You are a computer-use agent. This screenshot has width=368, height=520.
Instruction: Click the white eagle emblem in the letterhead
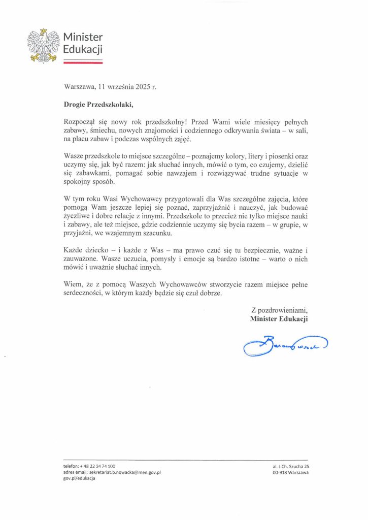[43, 46]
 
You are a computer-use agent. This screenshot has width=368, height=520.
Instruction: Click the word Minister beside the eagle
[83, 37]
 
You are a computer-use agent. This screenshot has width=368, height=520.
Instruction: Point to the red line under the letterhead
[83, 62]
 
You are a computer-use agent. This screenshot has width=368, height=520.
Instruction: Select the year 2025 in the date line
[143, 87]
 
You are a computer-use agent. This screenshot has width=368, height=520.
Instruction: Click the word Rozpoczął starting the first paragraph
[80, 122]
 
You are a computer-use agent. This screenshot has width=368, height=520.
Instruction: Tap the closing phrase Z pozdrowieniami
[280, 309]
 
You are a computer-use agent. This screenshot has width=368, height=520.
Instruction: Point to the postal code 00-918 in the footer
[280, 472]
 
